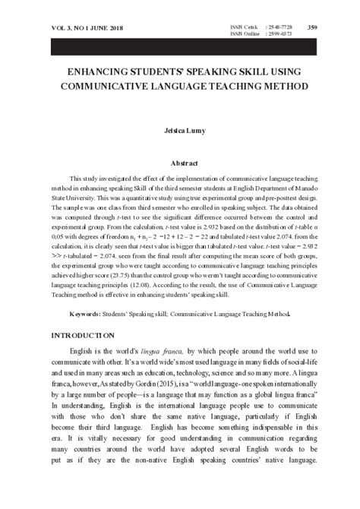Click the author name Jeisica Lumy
coord(180,131)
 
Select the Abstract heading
coord(180,163)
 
